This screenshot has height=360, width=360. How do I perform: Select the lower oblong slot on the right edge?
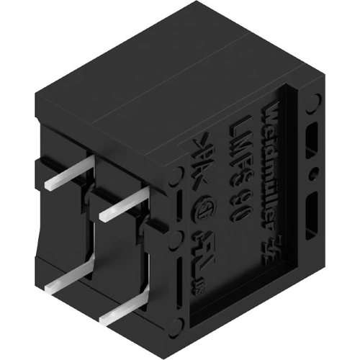tap(311, 212)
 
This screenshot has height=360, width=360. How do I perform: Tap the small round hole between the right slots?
tap(312, 174)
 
